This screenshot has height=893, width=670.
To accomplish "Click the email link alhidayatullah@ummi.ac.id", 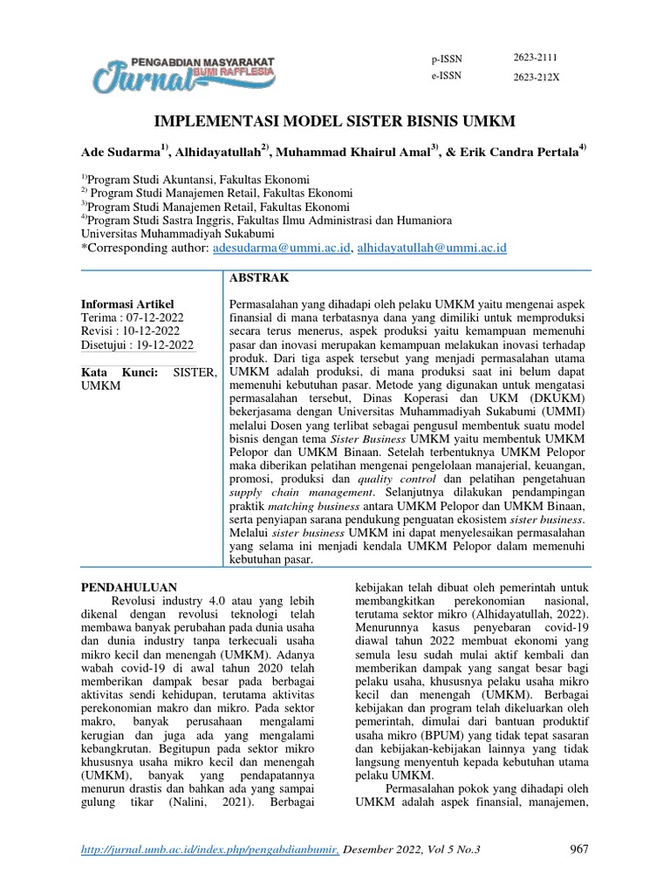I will tap(432, 249).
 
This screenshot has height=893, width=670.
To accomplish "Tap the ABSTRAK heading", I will tap(256, 278).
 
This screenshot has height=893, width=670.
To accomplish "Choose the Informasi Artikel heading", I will tap(127, 303).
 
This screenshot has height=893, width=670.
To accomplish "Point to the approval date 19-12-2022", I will tap(162, 345).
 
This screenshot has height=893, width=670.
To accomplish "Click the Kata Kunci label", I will tap(120, 372).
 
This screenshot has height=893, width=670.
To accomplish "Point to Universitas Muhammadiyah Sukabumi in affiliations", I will tap(177, 234).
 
